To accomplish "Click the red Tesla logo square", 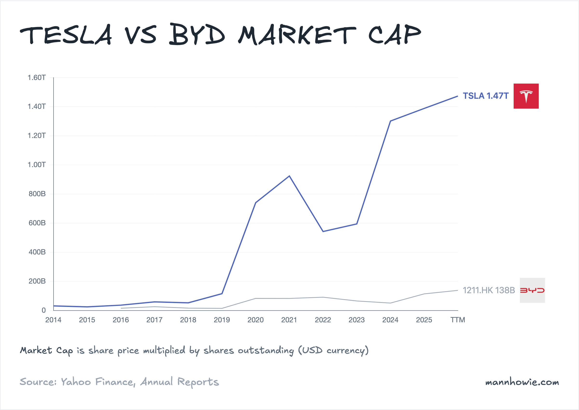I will pyautogui.click(x=526, y=96).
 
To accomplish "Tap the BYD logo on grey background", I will pyautogui.click(x=532, y=290).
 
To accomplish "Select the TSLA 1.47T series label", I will pyautogui.click(x=485, y=96).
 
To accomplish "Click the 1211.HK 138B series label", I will pyautogui.click(x=489, y=290).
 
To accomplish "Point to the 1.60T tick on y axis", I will pyautogui.click(x=37, y=78).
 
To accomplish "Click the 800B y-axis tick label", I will pyautogui.click(x=37, y=194).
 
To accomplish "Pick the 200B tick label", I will pyautogui.click(x=37, y=281).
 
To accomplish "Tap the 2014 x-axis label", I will pyautogui.click(x=53, y=320).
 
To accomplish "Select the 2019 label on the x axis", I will pyautogui.click(x=222, y=320).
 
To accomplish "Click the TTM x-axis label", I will pyautogui.click(x=458, y=320).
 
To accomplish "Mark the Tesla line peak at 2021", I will pyautogui.click(x=289, y=176).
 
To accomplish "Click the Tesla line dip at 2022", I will pyautogui.click(x=323, y=231).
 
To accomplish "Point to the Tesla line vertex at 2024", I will pyautogui.click(x=390, y=121).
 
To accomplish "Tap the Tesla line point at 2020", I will pyautogui.click(x=256, y=203).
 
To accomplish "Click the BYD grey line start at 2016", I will pyautogui.click(x=121, y=308).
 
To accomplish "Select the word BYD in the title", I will pyautogui.click(x=197, y=35).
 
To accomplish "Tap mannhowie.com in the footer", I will pyautogui.click(x=522, y=382).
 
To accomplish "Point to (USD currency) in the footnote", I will pyautogui.click(x=333, y=350).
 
